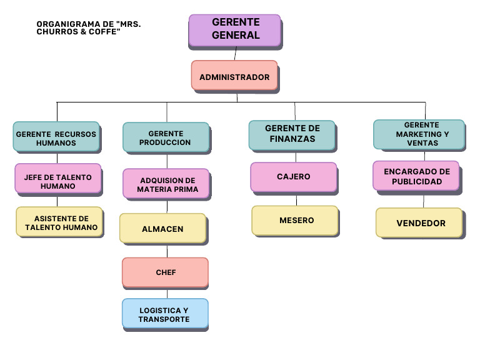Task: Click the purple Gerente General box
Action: pyautogui.click(x=235, y=31)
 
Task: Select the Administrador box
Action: pyautogui.click(x=234, y=76)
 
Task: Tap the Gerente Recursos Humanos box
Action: pyautogui.click(x=56, y=136)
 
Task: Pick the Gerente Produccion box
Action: pyautogui.click(x=166, y=137)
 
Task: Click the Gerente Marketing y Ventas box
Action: pyautogui.click(x=419, y=134)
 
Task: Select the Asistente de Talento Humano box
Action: pyautogui.click(x=59, y=222)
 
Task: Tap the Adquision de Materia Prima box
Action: pyautogui.click(x=166, y=184)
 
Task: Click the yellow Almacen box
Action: pyautogui.click(x=163, y=228)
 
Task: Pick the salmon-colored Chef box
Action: pyautogui.click(x=165, y=272)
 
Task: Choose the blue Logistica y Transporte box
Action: pyautogui.click(x=165, y=314)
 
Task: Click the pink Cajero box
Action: pyautogui.click(x=294, y=177)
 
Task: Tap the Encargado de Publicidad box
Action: pyautogui.click(x=416, y=176)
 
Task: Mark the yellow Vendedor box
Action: pyautogui.click(x=419, y=222)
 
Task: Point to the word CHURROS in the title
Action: pyautogui.click(x=59, y=31)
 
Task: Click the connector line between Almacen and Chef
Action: pyautogui.click(x=166, y=250)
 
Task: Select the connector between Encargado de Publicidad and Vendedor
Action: pyautogui.click(x=424, y=200)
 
